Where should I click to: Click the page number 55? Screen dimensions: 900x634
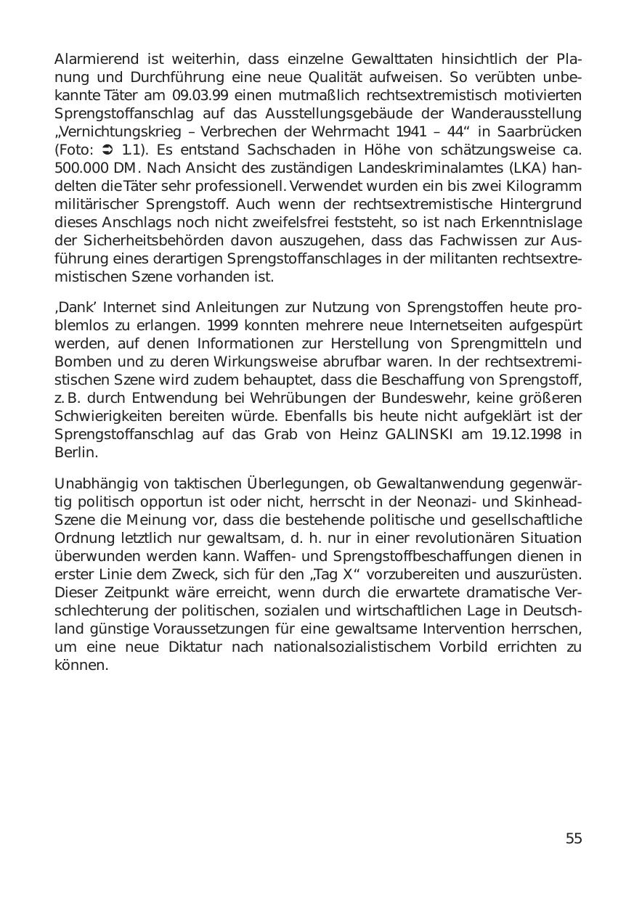tap(574, 839)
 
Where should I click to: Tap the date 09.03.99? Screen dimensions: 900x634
tap(199, 95)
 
